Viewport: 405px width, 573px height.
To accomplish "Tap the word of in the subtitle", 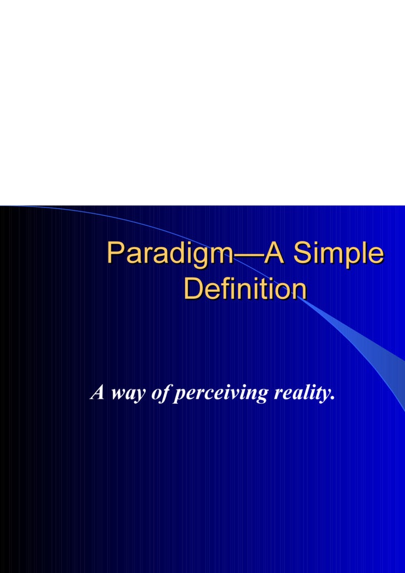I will click(x=161, y=393).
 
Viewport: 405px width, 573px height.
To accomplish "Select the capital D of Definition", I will click(x=192, y=289).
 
